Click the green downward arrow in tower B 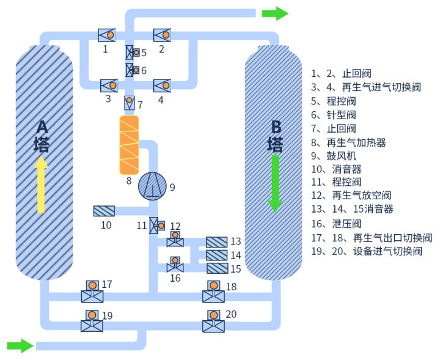point(275,183)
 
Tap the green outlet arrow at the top point(275,13)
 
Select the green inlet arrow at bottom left point(20,346)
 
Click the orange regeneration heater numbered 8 point(129,144)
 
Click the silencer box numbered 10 point(104,211)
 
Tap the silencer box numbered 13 point(216,242)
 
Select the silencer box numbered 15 point(216,268)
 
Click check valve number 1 point(108,35)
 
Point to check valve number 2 point(163,35)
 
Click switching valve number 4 point(162,85)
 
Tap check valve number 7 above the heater point(130,102)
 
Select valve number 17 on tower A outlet point(92,292)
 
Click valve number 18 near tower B point(213,292)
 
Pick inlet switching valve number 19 point(92,321)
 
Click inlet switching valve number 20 point(213,321)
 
